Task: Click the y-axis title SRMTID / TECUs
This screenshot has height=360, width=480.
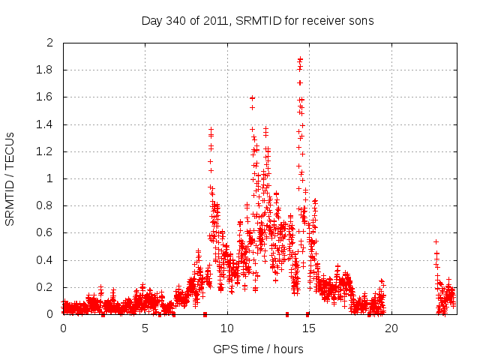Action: [10, 178]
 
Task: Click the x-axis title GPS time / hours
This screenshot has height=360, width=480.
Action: [258, 349]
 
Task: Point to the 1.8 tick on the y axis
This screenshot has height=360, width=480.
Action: [46, 70]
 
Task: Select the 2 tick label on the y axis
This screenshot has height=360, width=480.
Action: [50, 43]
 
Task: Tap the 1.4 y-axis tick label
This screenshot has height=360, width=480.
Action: [46, 124]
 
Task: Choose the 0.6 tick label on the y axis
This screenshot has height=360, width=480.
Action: [46, 233]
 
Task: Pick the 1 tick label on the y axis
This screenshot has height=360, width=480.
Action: [50, 178]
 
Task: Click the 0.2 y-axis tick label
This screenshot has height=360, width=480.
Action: [46, 287]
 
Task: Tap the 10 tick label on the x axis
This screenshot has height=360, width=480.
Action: [227, 328]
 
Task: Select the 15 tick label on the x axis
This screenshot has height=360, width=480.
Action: [309, 328]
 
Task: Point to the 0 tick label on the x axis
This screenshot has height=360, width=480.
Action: [63, 328]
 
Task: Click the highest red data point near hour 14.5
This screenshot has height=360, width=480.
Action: [300, 58]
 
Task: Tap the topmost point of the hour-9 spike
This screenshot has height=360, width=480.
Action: [211, 130]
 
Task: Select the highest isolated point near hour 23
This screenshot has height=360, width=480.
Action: [436, 241]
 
